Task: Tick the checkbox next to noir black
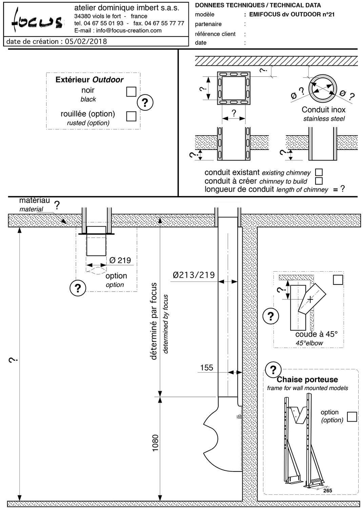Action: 131,91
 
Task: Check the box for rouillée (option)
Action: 131,116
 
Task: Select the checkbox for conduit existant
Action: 319,172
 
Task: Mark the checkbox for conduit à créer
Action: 319,181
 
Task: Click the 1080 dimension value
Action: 155,443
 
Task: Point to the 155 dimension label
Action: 206,367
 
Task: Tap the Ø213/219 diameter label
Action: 194,275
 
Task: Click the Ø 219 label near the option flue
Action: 120,260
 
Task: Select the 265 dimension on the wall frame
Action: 327,490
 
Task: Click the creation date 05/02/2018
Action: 86,41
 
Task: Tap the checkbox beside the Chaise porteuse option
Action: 352,417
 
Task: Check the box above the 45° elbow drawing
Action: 338,280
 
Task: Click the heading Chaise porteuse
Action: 307,379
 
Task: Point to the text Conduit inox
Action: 323,110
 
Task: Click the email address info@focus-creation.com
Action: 129,30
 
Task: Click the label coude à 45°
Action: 317,334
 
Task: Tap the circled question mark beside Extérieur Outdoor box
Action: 145,102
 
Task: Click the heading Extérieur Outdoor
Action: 89,80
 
